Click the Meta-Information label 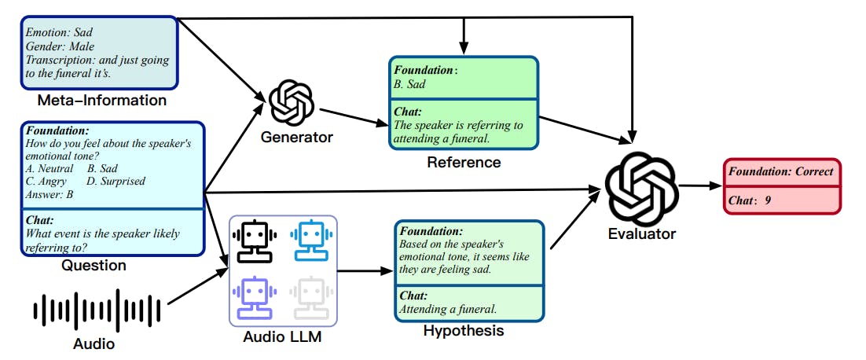[x=102, y=101]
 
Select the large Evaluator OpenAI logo [x=641, y=187]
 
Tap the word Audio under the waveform [x=94, y=344]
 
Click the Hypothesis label [x=463, y=331]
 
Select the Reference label [x=463, y=163]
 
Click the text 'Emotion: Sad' [x=59, y=33]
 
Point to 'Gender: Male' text [x=59, y=46]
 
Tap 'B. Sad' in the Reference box [x=410, y=84]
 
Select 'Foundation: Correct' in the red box [x=780, y=171]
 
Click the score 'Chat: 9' [x=750, y=200]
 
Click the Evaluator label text [x=641, y=233]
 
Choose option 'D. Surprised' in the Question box [x=116, y=181]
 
